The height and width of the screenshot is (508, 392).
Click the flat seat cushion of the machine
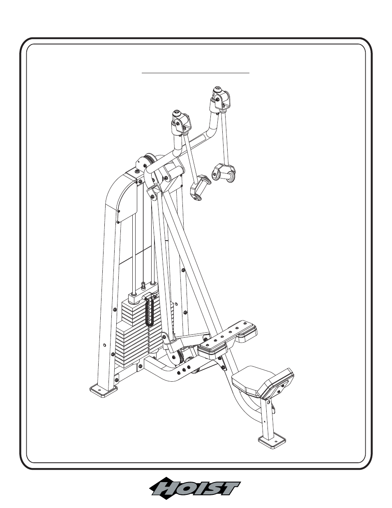[x=247, y=381]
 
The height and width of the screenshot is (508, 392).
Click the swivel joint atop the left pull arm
[x=181, y=122]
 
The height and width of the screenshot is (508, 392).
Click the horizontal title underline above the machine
[x=196, y=73]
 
